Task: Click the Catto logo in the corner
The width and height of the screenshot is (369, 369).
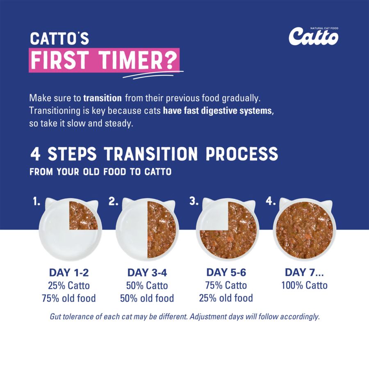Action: point(313,36)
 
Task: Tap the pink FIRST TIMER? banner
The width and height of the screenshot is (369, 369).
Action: point(104,61)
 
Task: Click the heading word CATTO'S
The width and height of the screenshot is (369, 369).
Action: point(59,39)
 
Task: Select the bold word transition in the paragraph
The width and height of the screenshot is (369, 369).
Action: point(102,98)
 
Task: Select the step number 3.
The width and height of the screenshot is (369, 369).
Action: point(194,201)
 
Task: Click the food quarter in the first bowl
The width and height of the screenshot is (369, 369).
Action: point(83,215)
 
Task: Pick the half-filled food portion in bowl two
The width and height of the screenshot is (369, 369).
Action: point(162,230)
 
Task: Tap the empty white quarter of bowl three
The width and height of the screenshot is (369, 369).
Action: point(213,215)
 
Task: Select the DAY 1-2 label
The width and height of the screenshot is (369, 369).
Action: point(68,273)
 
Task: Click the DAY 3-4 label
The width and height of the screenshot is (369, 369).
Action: point(147,273)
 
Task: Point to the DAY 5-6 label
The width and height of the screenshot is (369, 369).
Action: point(226,273)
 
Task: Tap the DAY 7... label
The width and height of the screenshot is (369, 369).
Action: point(304,273)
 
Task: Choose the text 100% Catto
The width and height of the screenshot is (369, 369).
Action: point(304,285)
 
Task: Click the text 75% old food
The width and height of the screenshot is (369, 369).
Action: point(68,298)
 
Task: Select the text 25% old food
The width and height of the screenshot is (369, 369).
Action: point(226,298)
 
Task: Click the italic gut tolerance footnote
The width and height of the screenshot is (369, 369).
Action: point(184,317)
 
